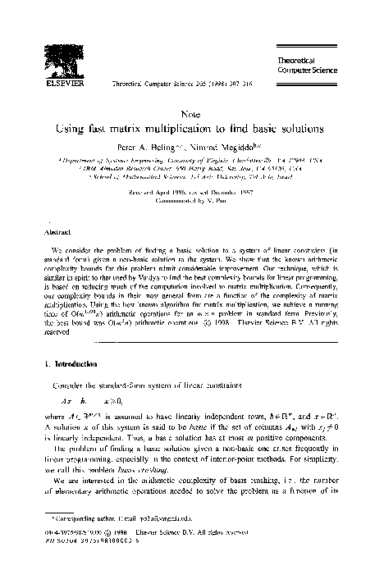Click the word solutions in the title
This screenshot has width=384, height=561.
304,129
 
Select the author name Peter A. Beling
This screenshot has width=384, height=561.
153,148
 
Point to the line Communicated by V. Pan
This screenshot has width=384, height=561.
192,202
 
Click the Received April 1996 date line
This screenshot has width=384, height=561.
192,193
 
